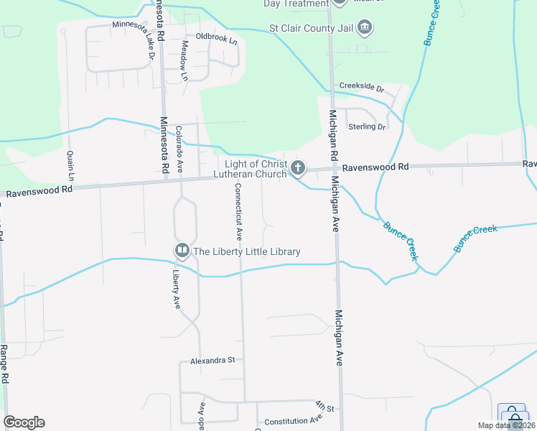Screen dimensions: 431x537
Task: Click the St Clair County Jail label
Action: (311, 28)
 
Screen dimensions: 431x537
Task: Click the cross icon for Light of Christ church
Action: (298, 169)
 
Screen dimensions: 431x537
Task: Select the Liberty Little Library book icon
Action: (182, 251)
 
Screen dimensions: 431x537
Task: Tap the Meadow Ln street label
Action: (184, 60)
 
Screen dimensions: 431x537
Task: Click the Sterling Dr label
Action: (367, 126)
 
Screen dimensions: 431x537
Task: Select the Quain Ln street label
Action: (70, 165)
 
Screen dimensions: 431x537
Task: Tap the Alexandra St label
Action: (213, 360)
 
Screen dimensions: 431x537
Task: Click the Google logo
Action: (24, 422)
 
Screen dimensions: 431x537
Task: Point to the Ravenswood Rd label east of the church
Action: (375, 167)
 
